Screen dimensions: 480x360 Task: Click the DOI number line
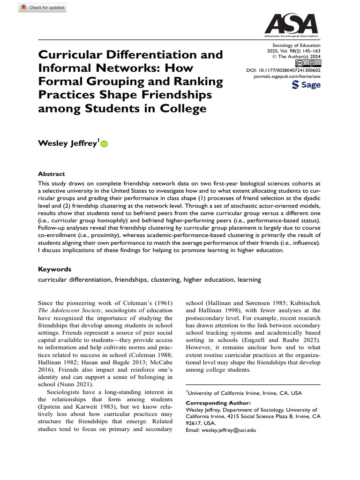pyautogui.click(x=283, y=70)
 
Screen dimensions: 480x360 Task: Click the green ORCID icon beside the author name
pyautogui.click(x=104, y=144)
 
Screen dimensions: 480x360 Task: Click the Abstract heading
pyautogui.click(x=52, y=173)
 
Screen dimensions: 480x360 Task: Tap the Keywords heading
pyautogui.click(x=54, y=270)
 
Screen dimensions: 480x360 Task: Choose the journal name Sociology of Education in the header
pyautogui.click(x=291, y=45)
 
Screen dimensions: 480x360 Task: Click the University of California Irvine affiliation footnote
pyautogui.click(x=244, y=393)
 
